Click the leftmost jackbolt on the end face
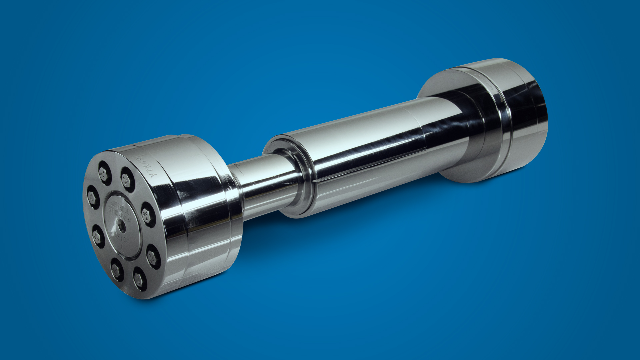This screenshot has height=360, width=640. coord(93,197)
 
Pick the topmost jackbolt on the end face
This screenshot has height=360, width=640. coord(105,173)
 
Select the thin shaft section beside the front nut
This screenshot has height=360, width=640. coord(263,187)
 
